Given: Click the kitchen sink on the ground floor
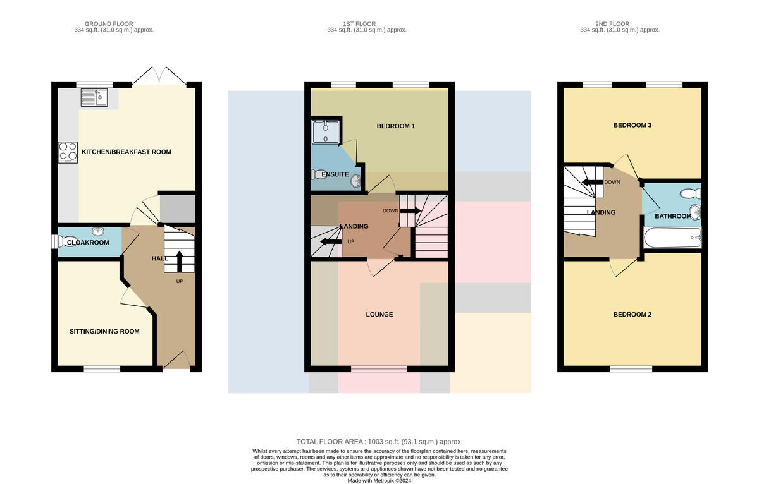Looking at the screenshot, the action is click(94, 97).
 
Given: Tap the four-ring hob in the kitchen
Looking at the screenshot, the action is click(68, 152).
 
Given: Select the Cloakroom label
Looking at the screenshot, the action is click(88, 243).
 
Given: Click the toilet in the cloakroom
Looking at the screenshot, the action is click(65, 241).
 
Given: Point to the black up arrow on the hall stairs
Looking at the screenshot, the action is click(180, 262).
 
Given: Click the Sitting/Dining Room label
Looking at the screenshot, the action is click(104, 331).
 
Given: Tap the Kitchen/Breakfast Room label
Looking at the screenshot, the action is click(126, 152).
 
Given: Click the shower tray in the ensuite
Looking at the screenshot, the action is click(326, 132).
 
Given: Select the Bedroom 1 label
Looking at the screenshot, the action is click(396, 126).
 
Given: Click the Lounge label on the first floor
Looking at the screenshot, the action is click(379, 315).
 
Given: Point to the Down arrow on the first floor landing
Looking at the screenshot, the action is click(410, 211).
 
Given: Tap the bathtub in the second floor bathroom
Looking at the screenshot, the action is click(672, 238).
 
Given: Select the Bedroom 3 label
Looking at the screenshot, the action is click(632, 125).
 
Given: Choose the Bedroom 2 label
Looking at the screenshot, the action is click(632, 315).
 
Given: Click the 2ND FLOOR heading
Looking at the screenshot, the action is click(612, 23).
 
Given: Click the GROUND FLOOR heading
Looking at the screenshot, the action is click(109, 23).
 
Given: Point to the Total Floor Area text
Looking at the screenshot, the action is click(379, 442).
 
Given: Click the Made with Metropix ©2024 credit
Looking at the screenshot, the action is click(379, 481).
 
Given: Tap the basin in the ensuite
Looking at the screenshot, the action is click(355, 181).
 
